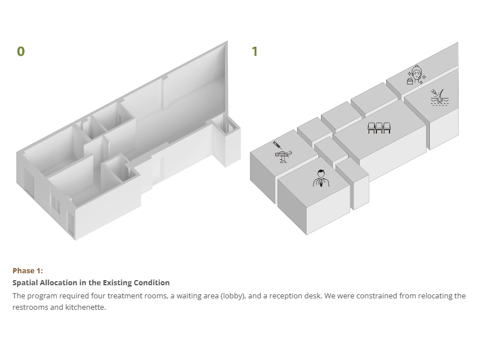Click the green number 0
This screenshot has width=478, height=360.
21,51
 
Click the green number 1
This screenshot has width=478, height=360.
255,51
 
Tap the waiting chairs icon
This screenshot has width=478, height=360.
379,128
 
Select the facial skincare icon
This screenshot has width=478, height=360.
416,75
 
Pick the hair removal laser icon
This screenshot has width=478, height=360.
439,97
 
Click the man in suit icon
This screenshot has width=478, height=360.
321,178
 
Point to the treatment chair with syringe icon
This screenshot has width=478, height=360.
283,152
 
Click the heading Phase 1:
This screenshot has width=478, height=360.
28,271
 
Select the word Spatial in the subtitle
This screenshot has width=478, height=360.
25,282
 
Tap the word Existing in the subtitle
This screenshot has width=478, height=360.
116,282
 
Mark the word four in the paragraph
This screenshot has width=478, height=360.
98,296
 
